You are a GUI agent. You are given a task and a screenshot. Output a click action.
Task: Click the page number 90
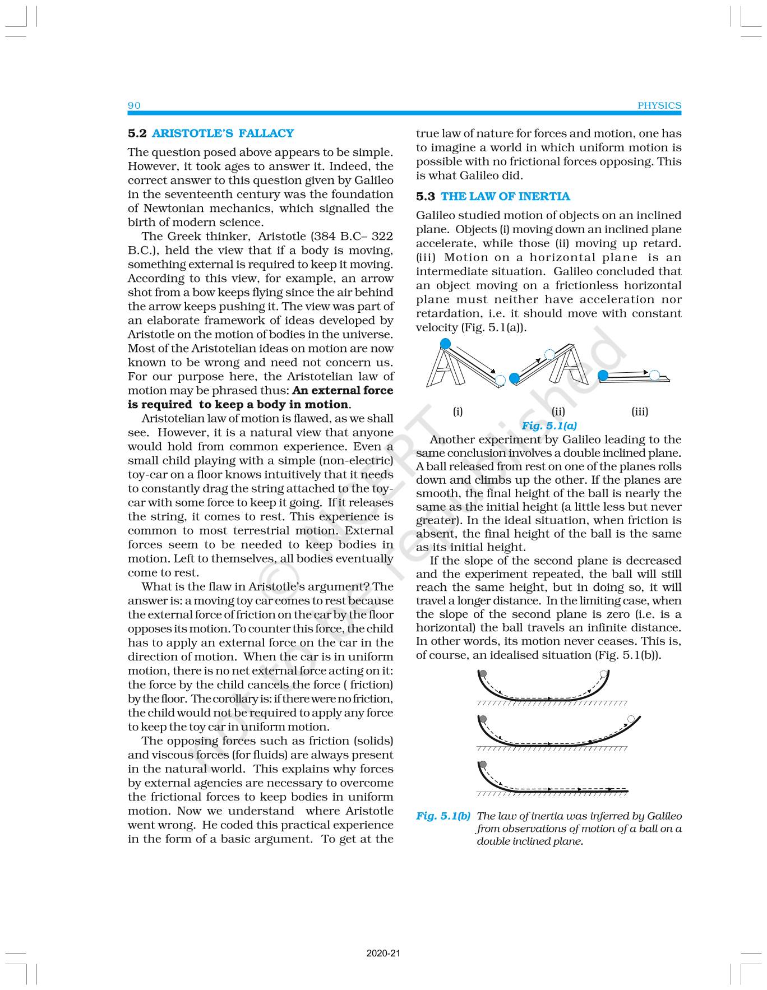[x=134, y=105]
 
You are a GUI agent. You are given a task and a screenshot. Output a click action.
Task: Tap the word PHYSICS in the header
[x=659, y=105]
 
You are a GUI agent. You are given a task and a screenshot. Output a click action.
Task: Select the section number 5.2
[x=137, y=133]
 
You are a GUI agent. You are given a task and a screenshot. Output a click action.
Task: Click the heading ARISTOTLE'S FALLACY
[x=223, y=133]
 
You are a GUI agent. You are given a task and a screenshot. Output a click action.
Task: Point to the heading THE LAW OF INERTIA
[x=505, y=196]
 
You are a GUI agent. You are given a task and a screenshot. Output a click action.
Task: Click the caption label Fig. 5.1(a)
[x=549, y=425]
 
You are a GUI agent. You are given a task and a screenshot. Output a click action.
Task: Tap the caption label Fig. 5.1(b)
[x=443, y=816]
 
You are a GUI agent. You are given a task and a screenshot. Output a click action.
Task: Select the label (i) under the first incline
[x=458, y=411]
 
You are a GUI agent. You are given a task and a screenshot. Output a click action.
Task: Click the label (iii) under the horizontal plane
[x=639, y=411]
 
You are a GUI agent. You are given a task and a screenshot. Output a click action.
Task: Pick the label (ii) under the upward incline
[x=558, y=411]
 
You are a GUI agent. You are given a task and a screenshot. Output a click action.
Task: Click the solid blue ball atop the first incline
[x=445, y=343]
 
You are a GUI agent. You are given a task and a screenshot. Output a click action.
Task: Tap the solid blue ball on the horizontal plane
[x=603, y=374]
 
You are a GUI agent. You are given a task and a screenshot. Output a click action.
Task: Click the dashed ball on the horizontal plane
[x=654, y=375]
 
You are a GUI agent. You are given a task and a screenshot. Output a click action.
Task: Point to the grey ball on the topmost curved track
[x=483, y=674]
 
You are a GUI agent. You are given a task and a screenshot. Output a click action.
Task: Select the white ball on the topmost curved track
[x=603, y=674]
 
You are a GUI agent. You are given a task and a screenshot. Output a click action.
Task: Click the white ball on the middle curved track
[x=631, y=719]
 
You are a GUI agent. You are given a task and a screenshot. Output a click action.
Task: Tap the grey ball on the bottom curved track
[x=483, y=764]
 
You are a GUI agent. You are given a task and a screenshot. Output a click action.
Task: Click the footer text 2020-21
[x=383, y=953]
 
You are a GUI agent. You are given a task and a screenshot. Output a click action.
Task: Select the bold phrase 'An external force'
[x=343, y=390]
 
